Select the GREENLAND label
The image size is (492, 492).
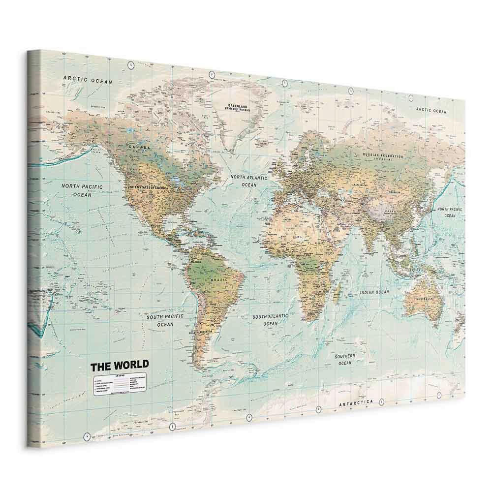tap(237, 105)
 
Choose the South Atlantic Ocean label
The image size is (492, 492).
tap(270, 320)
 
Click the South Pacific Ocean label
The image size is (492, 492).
tap(165, 321)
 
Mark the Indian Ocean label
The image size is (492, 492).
tap(374, 292)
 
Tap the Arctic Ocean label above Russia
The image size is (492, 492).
tap(431, 110)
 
